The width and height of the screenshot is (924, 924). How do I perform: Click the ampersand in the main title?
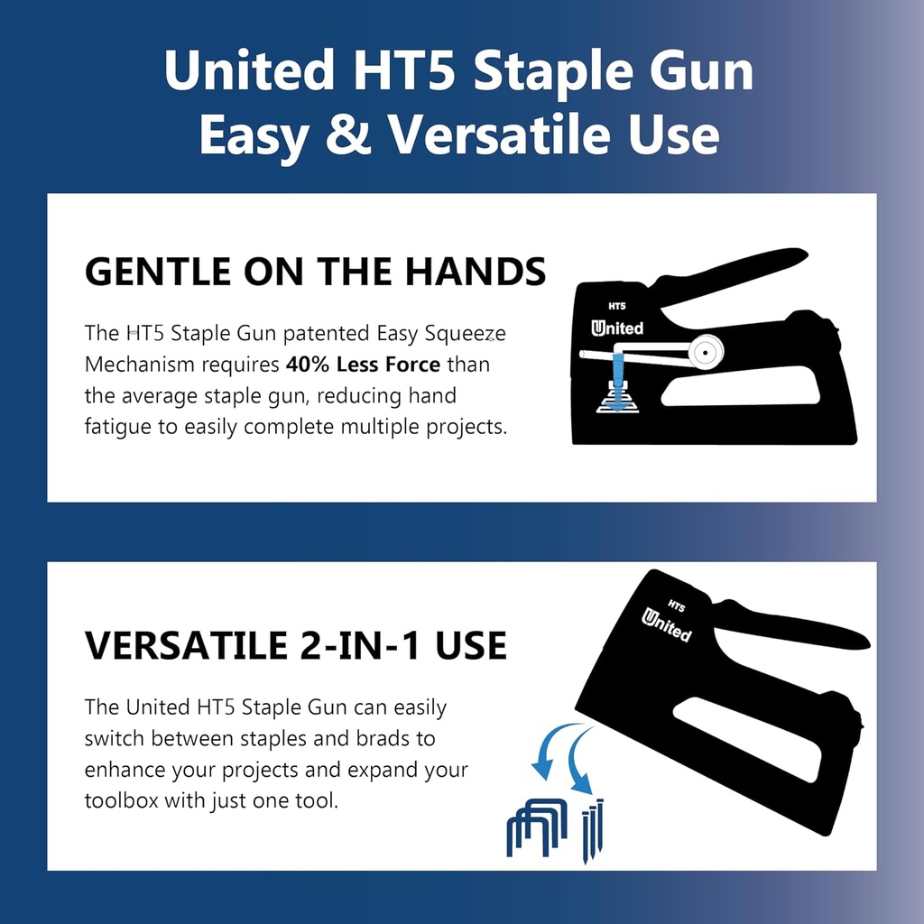(x=347, y=135)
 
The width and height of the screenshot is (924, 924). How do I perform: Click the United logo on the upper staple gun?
(x=618, y=328)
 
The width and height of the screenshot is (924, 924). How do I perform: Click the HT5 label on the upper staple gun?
(x=618, y=306)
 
